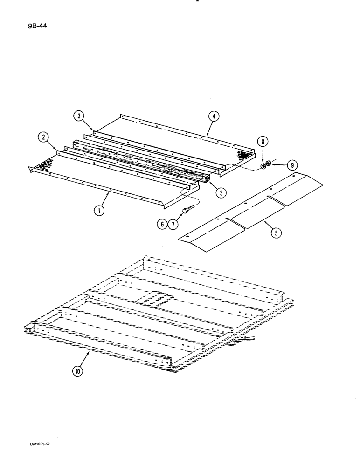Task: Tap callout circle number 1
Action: (x=99, y=210)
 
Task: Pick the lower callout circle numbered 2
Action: (x=43, y=137)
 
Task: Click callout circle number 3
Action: (x=216, y=192)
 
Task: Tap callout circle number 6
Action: (x=162, y=225)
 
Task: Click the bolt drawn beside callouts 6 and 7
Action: (x=186, y=209)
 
